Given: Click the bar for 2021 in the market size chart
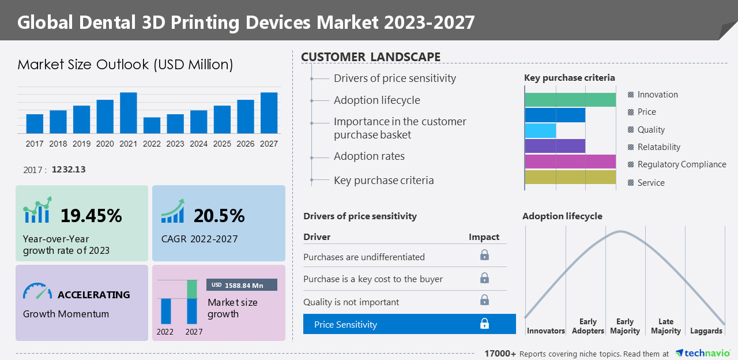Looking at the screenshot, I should pos(129,113).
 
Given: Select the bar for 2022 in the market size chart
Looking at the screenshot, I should pos(152,126).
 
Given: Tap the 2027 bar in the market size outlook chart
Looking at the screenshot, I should pos(269,113).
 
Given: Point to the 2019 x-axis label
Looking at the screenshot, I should pos(81,144).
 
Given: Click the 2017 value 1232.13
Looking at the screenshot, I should pos(69,170).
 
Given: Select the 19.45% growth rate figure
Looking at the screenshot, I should pos(91,216).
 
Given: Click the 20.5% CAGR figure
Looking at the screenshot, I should pos(219,216).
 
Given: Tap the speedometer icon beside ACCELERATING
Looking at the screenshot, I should pos(37,291).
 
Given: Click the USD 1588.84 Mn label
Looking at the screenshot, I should pos(242,285).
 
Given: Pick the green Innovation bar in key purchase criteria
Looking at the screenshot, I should pos(570,99).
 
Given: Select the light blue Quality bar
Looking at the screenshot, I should pos(540,130).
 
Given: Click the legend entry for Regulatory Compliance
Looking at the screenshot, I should pos(681,164).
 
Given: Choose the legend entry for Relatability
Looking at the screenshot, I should pos(658,147).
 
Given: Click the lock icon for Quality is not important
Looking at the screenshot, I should pos(485,300).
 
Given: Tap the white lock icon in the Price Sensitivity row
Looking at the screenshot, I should pos(485,324).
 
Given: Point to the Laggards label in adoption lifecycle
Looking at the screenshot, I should pos(706,331).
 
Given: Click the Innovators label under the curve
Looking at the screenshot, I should pos(545,331).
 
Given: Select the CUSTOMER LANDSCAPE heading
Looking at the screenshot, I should pos(371,57).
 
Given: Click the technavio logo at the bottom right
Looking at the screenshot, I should pos(702,353).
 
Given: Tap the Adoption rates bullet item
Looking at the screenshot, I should pos(369,156).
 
